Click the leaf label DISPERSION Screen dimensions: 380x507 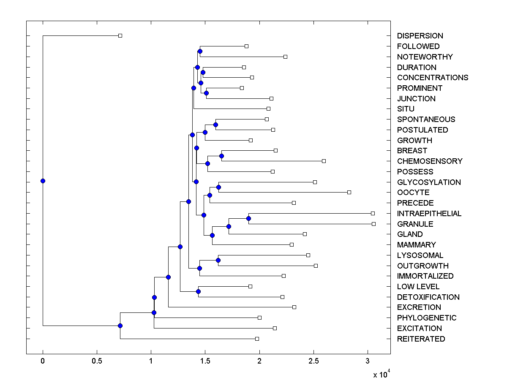[420, 36]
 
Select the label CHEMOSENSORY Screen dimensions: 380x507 [430, 161]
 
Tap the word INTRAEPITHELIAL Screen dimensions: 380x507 [429, 214]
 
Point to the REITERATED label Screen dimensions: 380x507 [421, 339]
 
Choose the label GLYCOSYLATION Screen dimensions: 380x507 [429, 182]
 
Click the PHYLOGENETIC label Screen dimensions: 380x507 [427, 318]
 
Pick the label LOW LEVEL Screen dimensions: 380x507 [418, 287]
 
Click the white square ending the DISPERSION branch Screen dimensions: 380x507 [120, 35]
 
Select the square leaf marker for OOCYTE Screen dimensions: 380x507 [349, 192]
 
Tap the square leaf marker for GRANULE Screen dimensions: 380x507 [373, 224]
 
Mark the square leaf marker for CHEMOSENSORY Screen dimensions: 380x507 [324, 161]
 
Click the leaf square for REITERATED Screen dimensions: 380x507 [257, 339]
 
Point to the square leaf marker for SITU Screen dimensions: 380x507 [268, 109]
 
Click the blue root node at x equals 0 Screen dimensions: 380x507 [43, 181]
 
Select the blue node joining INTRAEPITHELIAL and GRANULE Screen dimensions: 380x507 [248, 218]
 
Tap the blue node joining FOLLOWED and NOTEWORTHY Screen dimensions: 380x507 [200, 51]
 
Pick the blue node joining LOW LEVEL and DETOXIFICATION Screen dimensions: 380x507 [198, 291]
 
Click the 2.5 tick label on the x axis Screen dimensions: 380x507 [313, 361]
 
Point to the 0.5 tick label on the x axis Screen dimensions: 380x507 [97, 361]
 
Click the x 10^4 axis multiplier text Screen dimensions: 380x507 [381, 374]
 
